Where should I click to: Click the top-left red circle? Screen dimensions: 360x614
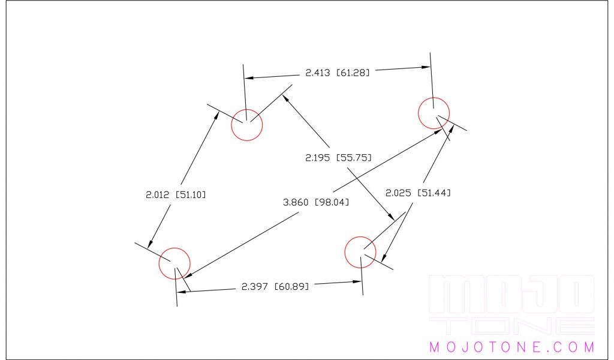tap(247, 125)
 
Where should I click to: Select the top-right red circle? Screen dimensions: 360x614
tap(434, 113)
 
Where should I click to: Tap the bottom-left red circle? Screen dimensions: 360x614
tap(174, 263)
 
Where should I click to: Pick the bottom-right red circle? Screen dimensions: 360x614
tap(360, 253)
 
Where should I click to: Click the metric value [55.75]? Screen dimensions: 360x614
tap(354, 158)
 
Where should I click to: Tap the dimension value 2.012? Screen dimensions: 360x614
tap(158, 194)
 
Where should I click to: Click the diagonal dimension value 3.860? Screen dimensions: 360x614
tap(295, 203)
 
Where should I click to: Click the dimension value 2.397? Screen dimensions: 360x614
tap(254, 286)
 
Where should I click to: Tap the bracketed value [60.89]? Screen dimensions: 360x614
tap(291, 286)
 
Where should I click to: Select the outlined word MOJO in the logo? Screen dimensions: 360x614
tap(511, 295)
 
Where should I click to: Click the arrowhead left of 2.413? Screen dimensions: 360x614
tap(249, 78)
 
